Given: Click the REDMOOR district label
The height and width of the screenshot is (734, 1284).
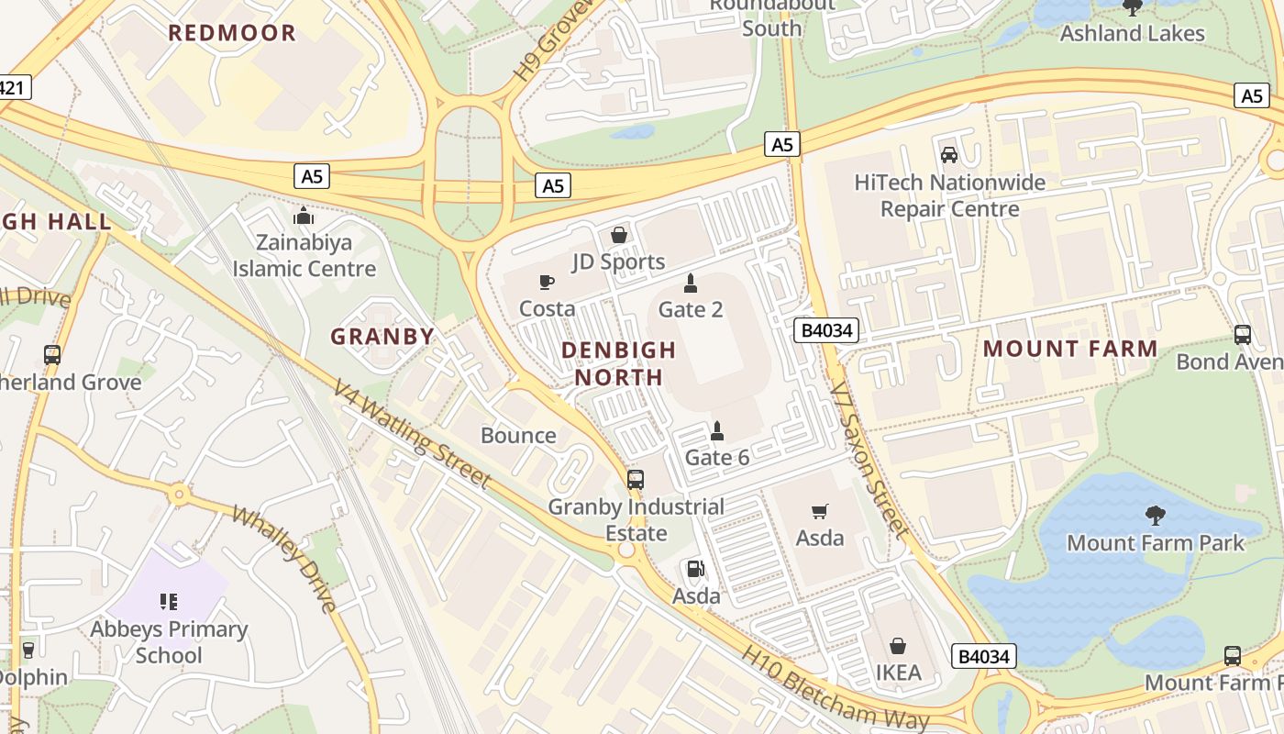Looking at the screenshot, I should tap(232, 33).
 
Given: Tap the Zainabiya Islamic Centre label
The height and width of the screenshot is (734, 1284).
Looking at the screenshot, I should tap(304, 256).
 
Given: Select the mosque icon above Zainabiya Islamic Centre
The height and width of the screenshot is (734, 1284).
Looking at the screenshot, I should tap(303, 217).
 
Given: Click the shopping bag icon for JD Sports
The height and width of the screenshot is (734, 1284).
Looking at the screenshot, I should tap(619, 235).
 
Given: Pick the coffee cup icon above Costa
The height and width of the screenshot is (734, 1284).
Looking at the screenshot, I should tap(547, 282).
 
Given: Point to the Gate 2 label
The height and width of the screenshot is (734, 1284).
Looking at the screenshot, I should tap(691, 309).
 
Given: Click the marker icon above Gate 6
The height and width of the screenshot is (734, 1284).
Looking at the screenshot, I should tap(717, 430).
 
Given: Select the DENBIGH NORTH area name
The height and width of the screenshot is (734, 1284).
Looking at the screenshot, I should tap(618, 363).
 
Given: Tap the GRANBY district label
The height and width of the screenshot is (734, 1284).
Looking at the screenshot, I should tap(382, 337).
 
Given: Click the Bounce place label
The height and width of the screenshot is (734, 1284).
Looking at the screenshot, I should tap(518, 435).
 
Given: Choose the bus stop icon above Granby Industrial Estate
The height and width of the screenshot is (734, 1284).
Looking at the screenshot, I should tap(636, 479).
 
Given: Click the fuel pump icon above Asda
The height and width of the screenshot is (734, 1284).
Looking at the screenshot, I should tap(696, 569).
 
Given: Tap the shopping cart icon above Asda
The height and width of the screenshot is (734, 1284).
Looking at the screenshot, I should tap(820, 511).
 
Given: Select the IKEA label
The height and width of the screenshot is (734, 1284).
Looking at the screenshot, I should tap(898, 673).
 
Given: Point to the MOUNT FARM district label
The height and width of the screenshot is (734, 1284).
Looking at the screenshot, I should tap(1070, 349).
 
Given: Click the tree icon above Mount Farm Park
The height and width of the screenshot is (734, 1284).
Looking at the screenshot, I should tap(1156, 516).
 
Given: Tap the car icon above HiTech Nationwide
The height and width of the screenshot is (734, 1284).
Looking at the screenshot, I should tap(949, 155).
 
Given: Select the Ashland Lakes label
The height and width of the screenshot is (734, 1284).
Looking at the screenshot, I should tap(1132, 33).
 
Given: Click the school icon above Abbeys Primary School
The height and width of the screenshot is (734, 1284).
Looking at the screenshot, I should tap(169, 602).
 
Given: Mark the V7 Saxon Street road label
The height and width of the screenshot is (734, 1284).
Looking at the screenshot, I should tap(869, 459).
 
